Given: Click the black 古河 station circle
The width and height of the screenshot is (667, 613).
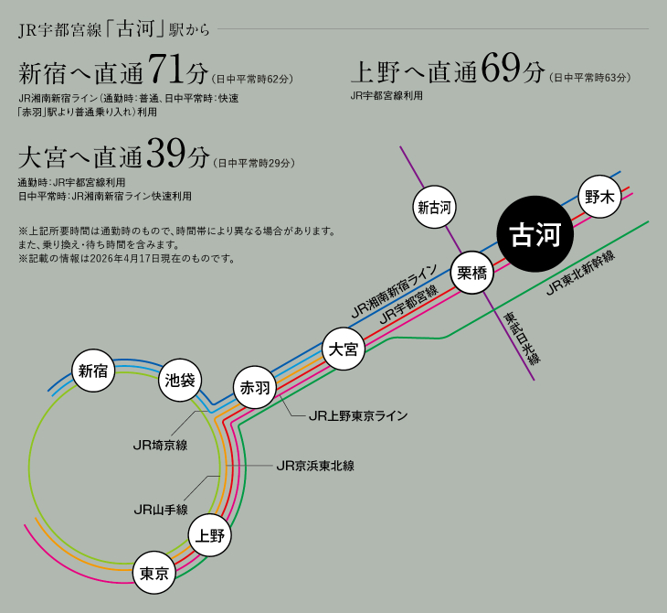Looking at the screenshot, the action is (x=535, y=234).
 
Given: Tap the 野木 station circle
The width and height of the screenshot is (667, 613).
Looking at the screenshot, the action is (x=599, y=197).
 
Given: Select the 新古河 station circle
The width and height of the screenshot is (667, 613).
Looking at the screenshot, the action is (x=434, y=207).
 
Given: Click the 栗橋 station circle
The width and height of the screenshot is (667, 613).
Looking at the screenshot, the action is (x=471, y=273).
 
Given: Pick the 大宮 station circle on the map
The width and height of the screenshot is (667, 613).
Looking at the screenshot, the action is (x=344, y=349).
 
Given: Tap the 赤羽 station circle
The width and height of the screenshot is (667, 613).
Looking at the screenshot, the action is (x=255, y=388).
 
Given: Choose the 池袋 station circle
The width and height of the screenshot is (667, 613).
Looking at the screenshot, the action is (x=180, y=380).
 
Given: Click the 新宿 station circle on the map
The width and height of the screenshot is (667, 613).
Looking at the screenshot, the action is (x=93, y=371).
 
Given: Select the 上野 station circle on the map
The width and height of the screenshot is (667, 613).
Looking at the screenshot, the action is (x=210, y=535).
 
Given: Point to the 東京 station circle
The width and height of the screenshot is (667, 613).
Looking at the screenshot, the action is (x=154, y=573).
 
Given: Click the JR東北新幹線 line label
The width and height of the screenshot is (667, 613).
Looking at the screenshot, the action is (x=581, y=273).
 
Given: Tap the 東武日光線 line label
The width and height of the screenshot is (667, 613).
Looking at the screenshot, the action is (x=522, y=338).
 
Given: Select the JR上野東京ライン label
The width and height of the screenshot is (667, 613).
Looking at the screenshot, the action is (x=358, y=415).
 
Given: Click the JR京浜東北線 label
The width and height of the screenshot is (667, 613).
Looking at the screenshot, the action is (x=315, y=466).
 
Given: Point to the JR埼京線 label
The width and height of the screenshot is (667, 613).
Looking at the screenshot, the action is (x=161, y=446).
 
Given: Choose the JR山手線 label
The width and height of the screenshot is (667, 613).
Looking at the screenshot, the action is (x=161, y=510).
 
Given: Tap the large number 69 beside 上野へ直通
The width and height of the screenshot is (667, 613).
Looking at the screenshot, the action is (x=501, y=68).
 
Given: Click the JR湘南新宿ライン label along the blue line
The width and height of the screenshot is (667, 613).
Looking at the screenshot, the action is (x=395, y=291).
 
